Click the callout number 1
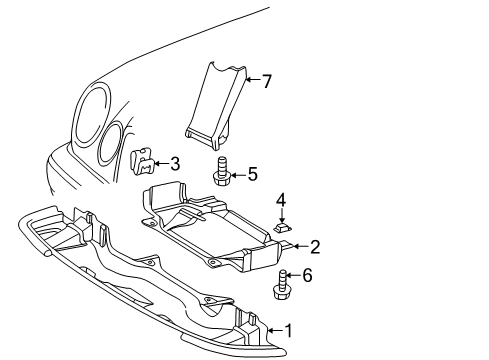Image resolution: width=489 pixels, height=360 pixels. point(288,331)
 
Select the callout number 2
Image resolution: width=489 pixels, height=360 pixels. point(315,247)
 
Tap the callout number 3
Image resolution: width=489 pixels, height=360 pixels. point(175,164)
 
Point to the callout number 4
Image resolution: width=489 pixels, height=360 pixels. point(281,201)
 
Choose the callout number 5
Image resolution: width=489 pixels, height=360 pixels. point(253,174)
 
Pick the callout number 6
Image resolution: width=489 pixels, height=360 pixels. point(307,275)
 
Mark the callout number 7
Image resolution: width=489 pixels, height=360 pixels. point(267,81)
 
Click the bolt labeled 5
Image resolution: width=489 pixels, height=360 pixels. point(220,171)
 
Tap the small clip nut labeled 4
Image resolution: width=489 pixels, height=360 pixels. point(283,228)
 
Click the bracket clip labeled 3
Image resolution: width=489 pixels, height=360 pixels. point(142,161)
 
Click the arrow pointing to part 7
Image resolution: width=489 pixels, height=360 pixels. point(252,79)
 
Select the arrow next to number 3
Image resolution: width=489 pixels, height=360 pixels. point(161,163)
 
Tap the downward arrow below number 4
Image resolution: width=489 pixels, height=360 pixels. point(282,215)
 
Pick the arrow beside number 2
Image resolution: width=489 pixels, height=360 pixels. point(301,247)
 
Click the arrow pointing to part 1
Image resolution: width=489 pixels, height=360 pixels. point(275,331)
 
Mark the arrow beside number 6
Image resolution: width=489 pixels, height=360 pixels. point(293,275)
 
